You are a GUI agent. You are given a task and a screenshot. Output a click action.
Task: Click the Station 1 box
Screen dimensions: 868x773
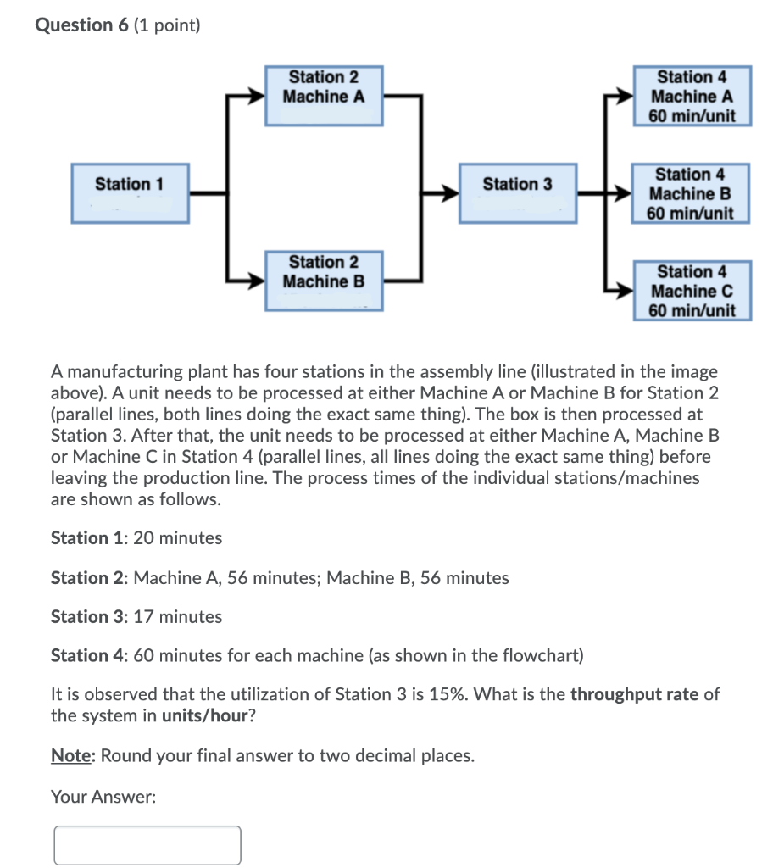click(130, 193)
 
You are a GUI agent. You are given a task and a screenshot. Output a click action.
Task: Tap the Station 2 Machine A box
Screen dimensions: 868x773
click(324, 95)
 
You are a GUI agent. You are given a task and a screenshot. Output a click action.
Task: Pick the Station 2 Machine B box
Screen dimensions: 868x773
click(324, 280)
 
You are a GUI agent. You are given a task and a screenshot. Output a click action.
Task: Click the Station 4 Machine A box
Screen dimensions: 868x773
click(692, 96)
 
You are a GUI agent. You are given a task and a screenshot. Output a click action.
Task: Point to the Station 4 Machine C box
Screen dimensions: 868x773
click(692, 291)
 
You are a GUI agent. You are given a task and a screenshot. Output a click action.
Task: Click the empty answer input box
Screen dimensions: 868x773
click(147, 845)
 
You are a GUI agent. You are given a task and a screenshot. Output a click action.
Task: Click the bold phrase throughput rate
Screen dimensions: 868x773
click(634, 695)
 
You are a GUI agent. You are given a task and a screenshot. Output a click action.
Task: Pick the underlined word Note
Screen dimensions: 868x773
click(70, 755)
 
